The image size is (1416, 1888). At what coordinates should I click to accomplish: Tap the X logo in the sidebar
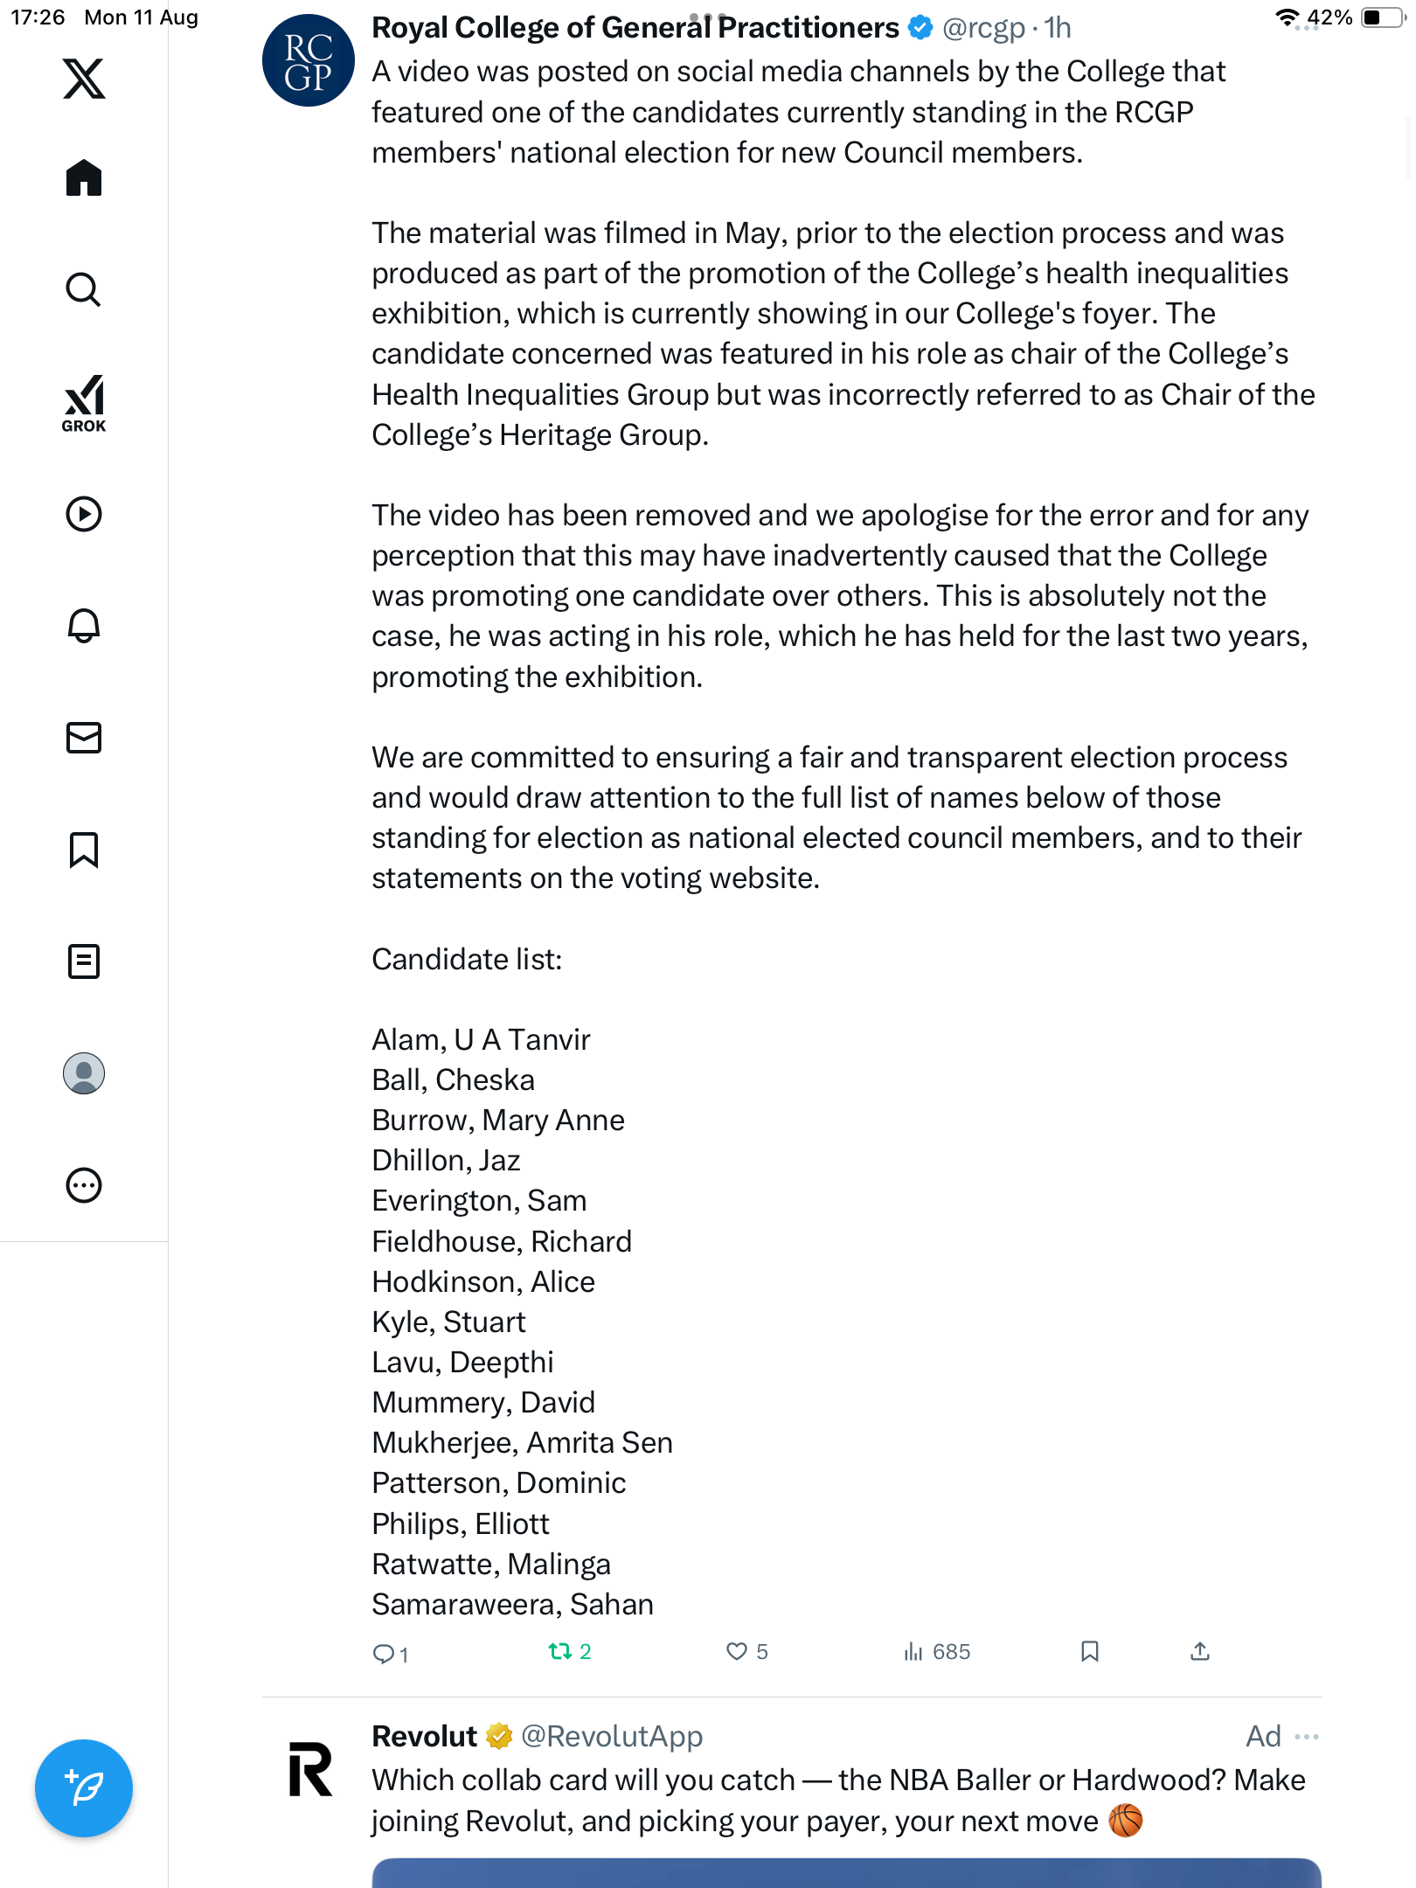84,79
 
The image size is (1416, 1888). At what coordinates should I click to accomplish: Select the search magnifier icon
84,289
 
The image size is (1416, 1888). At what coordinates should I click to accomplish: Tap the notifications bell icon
84,626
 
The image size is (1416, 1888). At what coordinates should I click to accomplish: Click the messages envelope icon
84,738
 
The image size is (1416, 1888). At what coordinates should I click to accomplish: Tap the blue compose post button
84,1788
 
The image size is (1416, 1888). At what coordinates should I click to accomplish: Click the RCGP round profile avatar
308,60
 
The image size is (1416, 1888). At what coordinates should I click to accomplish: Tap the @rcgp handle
982,28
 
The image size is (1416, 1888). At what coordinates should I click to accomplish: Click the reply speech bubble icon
383,1653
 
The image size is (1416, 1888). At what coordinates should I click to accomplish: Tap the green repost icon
559,1651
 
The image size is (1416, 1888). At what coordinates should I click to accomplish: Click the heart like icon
737,1651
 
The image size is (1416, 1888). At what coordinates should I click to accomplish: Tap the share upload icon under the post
1200,1651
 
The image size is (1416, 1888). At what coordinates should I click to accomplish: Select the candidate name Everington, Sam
479,1201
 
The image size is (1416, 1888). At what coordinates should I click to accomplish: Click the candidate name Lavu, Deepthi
462,1363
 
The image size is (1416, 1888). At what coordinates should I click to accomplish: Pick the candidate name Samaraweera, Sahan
512,1605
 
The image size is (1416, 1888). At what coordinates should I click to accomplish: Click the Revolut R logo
310,1769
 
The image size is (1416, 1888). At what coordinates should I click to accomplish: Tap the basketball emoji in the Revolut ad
1126,1822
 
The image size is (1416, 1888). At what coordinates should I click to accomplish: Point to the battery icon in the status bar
1381,17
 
